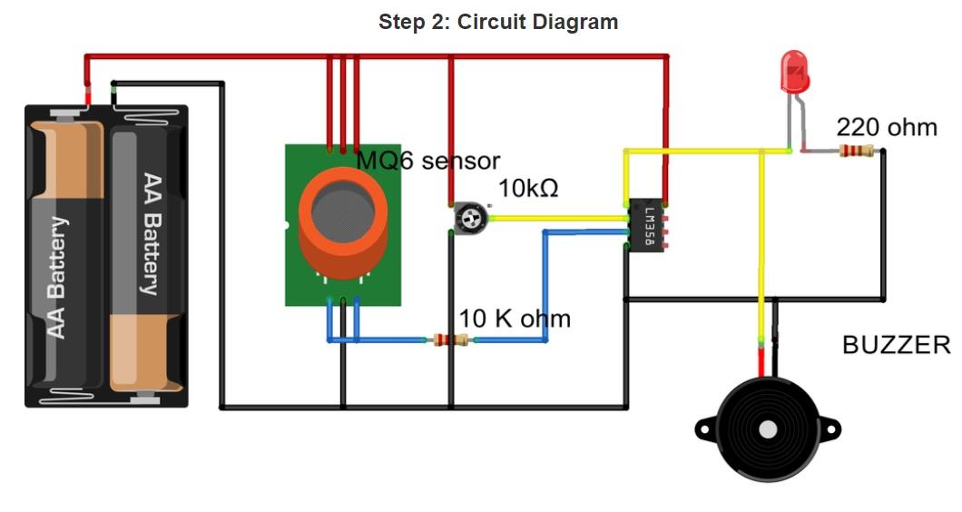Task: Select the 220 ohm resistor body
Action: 856,151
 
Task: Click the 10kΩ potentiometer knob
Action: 469,217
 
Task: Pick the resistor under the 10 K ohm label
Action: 450,340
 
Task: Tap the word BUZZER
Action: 896,345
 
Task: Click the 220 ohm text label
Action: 887,127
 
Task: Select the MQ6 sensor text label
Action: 427,162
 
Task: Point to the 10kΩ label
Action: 528,189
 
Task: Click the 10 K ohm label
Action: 515,319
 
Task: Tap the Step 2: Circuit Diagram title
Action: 498,22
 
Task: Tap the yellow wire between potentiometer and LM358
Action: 557,218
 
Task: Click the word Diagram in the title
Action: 575,22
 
